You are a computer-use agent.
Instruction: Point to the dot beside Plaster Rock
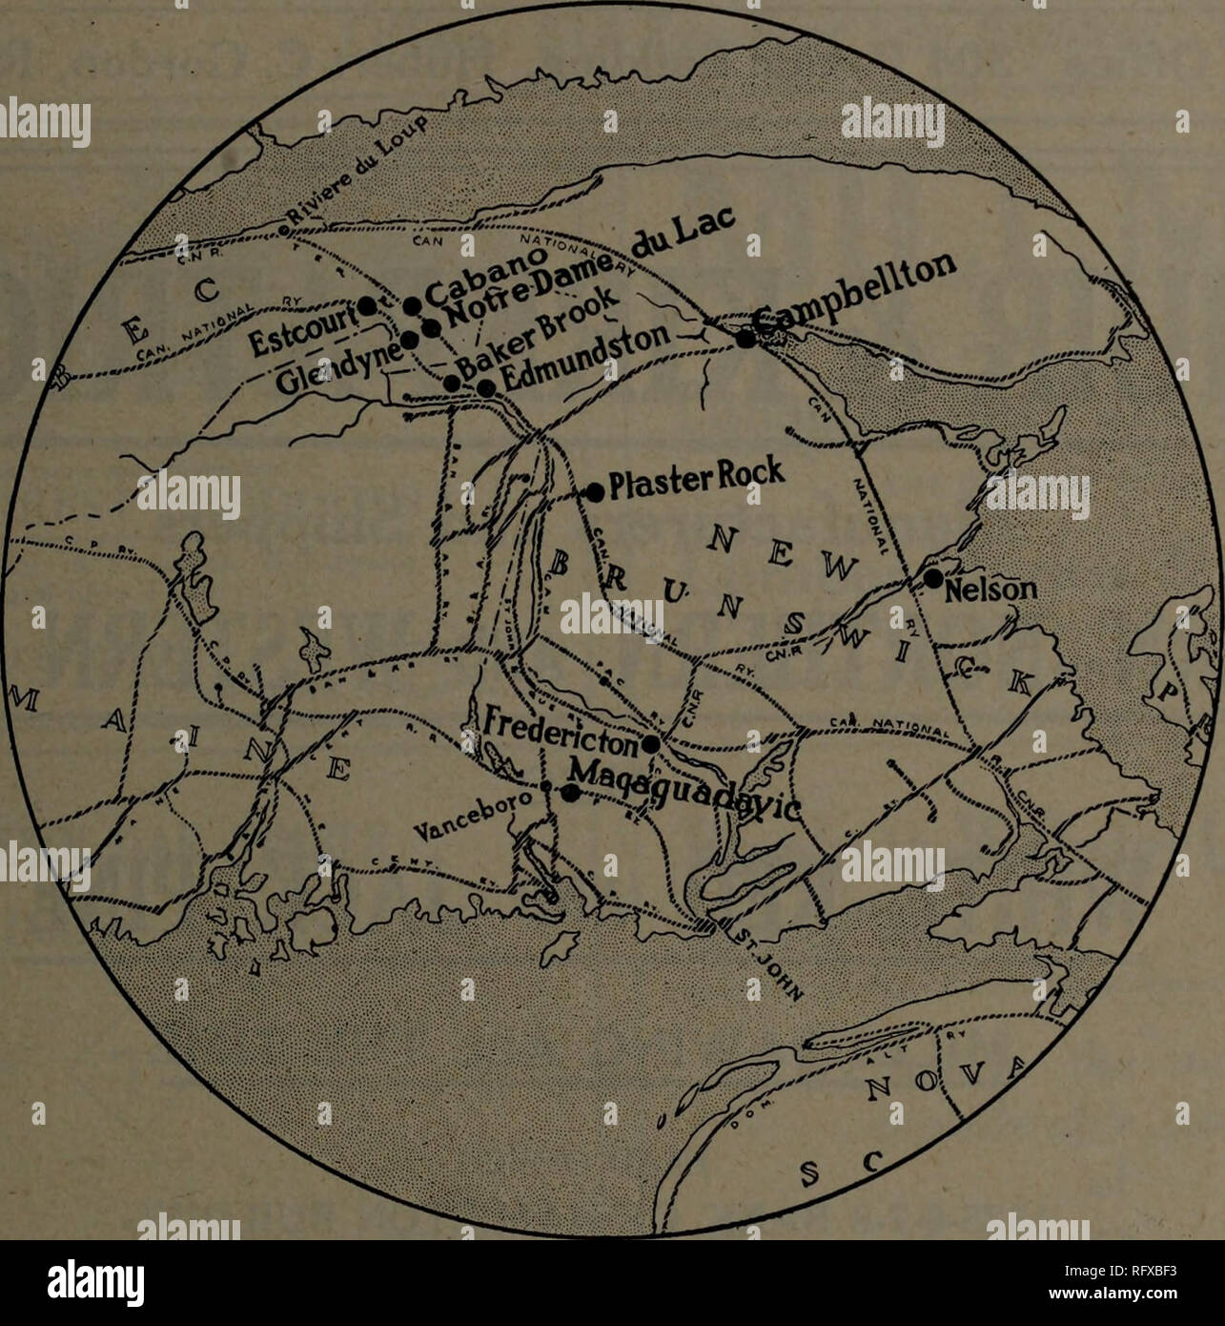click(595, 492)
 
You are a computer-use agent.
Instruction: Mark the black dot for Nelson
click(933, 579)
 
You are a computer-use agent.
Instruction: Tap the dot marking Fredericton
click(651, 743)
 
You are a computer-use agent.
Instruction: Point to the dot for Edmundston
click(485, 388)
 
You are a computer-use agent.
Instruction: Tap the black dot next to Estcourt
click(367, 305)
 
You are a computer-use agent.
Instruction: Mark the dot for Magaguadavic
click(569, 793)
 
